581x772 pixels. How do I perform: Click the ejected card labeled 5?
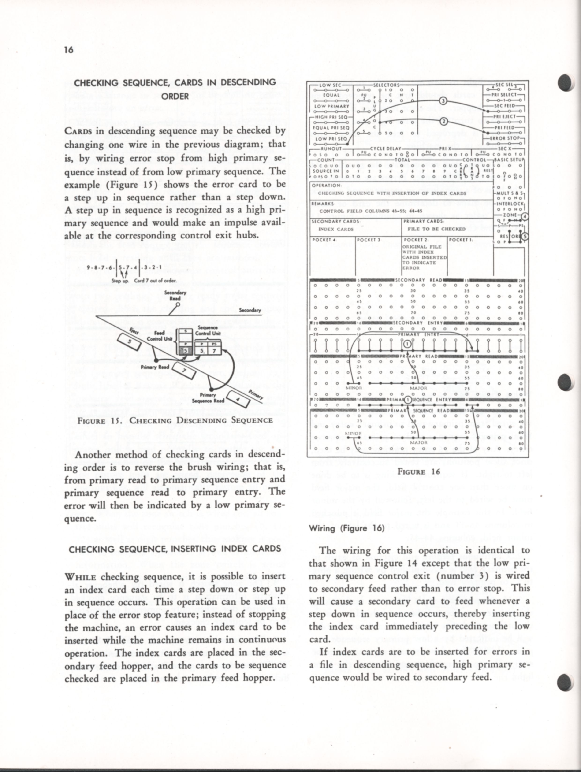129,341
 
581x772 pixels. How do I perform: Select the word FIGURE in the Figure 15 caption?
91,421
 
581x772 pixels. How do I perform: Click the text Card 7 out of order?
155,281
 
